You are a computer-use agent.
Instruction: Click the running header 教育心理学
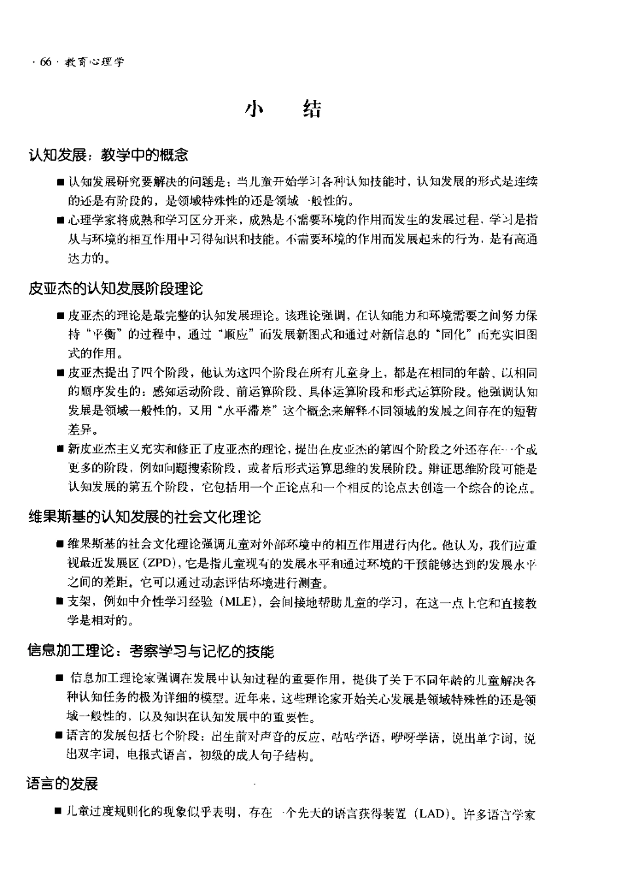pyautogui.click(x=94, y=62)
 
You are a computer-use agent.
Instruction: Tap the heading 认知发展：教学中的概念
pyautogui.click(x=108, y=155)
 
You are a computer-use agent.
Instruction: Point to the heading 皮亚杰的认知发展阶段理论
pyautogui.click(x=115, y=288)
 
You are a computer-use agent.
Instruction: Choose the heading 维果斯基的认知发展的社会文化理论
pyautogui.click(x=144, y=517)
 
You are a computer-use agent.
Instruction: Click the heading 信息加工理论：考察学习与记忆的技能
pyautogui.click(x=150, y=651)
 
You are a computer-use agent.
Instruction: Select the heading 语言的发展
pyautogui.click(x=62, y=784)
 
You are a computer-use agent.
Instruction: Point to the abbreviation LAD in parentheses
pyautogui.click(x=431, y=814)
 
